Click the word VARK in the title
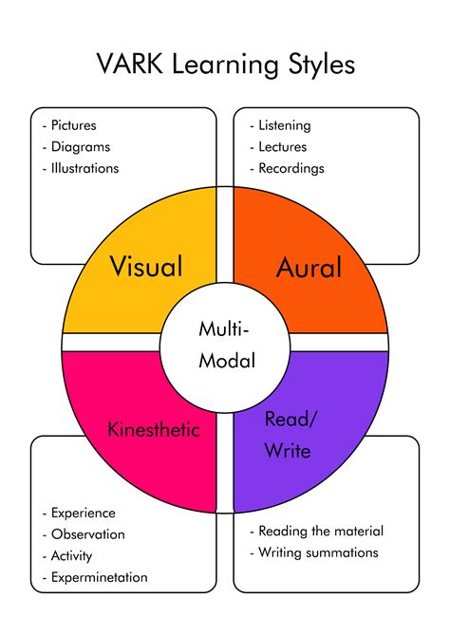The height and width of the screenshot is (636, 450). point(130,65)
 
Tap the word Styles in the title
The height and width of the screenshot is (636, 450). point(322,65)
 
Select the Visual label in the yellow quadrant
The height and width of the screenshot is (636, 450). point(146,266)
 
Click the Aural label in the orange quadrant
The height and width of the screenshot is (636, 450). point(309,267)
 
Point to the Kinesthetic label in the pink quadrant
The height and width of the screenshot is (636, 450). point(154,429)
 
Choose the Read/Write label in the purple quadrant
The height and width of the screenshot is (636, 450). point(290,435)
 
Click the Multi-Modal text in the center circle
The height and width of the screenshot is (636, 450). point(226,345)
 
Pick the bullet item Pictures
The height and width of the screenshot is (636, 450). point(73,125)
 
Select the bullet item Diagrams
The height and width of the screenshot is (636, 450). point(81,147)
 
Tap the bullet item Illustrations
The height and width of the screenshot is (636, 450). point(84,168)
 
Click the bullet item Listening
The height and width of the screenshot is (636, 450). point(285,125)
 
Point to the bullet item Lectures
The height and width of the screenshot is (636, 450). point(283,147)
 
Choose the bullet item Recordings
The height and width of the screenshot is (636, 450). point(291,168)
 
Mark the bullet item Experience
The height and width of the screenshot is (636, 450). point(84,514)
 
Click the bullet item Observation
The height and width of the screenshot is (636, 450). point(88,534)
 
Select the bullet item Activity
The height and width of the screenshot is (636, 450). point(72,555)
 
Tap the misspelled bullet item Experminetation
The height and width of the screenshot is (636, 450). point(100,577)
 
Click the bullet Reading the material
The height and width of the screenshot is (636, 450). point(321,531)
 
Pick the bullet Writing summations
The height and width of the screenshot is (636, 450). point(319,552)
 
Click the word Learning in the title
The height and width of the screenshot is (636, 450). point(225,65)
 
